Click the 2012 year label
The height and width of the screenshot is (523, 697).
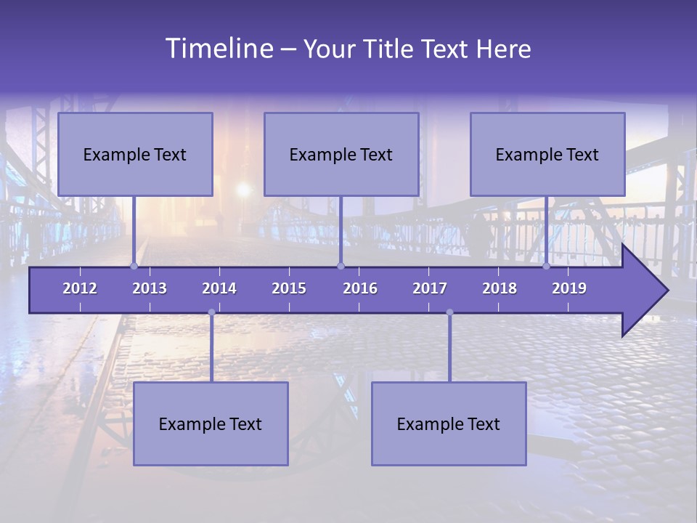pyautogui.click(x=80, y=288)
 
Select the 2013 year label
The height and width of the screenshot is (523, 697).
pyautogui.click(x=150, y=288)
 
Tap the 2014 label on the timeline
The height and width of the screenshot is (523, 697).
pyautogui.click(x=219, y=288)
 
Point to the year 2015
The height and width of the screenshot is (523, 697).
pyautogui.click(x=289, y=288)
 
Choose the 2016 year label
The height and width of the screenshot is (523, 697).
pyautogui.click(x=360, y=288)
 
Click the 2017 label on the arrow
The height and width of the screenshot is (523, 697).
pyautogui.click(x=430, y=288)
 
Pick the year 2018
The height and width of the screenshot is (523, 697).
pyautogui.click(x=500, y=288)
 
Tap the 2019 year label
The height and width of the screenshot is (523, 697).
pyautogui.click(x=569, y=288)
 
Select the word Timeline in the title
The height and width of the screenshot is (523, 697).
pyautogui.click(x=219, y=49)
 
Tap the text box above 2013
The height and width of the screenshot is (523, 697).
pyautogui.click(x=135, y=154)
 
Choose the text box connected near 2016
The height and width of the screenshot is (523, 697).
pyautogui.click(x=341, y=154)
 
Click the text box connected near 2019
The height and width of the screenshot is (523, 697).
pyautogui.click(x=547, y=154)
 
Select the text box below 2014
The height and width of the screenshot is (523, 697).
pyautogui.click(x=211, y=423)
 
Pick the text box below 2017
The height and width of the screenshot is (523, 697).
pyautogui.click(x=449, y=423)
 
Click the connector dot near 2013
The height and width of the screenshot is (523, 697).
pyautogui.click(x=134, y=267)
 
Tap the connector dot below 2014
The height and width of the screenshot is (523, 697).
pyautogui.click(x=211, y=312)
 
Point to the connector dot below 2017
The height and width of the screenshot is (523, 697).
pyautogui.click(x=449, y=312)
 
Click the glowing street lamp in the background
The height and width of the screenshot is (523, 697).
pyautogui.click(x=243, y=190)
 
